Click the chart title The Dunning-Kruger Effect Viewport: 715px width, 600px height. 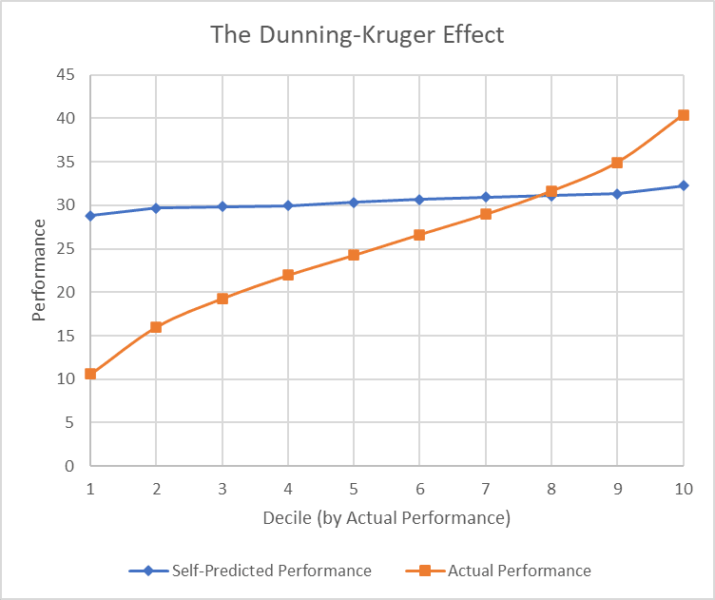point(357,36)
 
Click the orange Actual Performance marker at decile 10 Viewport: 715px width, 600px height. point(683,115)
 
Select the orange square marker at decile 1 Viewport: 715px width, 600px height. point(90,374)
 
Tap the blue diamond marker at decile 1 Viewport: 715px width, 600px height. point(90,216)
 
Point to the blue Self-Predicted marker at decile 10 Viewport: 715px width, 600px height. point(683,185)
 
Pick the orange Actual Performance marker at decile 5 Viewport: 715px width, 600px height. point(354,255)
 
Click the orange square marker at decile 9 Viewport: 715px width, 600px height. point(617,163)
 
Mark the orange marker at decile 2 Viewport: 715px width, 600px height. point(156,327)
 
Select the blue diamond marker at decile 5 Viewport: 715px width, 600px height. point(354,203)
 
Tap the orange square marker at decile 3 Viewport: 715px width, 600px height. point(222,299)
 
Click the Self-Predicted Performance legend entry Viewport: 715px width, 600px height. point(251,571)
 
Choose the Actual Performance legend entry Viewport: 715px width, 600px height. point(506,571)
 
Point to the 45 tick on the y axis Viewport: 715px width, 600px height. point(67,75)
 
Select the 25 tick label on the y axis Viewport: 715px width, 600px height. point(67,249)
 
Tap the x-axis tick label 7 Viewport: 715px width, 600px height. point(485,489)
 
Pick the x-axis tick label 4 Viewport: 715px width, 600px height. point(288,489)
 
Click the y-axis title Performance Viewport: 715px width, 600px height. point(39,270)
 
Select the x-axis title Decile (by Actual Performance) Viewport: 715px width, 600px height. point(386,518)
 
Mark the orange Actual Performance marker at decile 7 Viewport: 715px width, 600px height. point(486,214)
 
